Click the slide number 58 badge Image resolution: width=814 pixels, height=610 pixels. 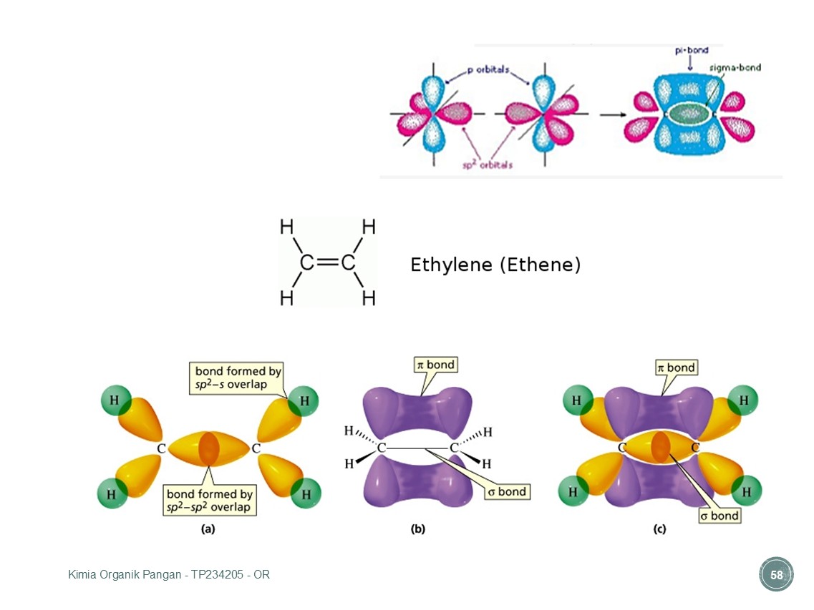[776, 575]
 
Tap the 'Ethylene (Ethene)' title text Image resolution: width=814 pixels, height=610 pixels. [495, 265]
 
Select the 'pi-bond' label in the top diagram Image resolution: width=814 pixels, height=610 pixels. [692, 50]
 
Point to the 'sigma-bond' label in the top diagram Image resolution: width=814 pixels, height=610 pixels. [735, 67]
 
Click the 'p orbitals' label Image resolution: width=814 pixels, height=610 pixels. [488, 69]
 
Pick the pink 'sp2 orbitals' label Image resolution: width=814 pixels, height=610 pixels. [488, 164]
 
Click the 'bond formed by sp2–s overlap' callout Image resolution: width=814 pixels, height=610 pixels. [238, 378]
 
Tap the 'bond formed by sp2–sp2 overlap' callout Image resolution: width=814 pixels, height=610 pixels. [209, 501]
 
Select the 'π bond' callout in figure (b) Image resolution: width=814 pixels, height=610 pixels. [435, 365]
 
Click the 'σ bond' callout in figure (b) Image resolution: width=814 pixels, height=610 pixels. [507, 491]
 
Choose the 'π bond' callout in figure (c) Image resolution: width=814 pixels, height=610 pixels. [676, 368]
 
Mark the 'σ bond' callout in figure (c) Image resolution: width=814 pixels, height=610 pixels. [719, 516]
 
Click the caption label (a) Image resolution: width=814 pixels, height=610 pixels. [208, 529]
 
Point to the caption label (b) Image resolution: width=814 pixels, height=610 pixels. [418, 529]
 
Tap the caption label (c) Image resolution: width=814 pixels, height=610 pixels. [659, 529]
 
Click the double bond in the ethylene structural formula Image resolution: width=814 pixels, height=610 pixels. [328, 262]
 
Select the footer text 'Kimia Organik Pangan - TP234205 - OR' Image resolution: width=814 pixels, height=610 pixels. [169, 575]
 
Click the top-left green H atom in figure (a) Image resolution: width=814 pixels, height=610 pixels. [115, 400]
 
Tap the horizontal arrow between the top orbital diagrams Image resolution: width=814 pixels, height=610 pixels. [613, 114]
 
